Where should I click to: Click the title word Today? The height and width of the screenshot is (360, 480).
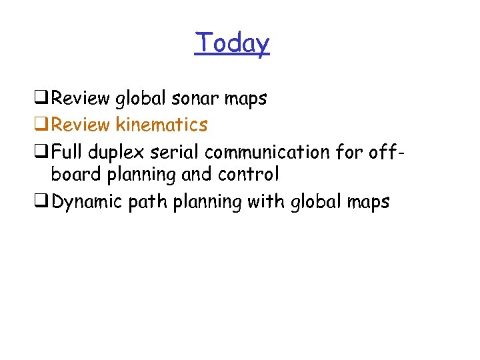[232, 44]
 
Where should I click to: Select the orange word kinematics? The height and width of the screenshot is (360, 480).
[161, 125]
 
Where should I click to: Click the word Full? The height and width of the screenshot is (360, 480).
[65, 151]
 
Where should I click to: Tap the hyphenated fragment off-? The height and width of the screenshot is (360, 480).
[386, 151]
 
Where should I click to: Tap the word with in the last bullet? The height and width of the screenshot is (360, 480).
[266, 201]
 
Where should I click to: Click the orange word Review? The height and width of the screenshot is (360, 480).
[81, 125]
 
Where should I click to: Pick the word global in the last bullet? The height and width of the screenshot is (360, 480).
[315, 202]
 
